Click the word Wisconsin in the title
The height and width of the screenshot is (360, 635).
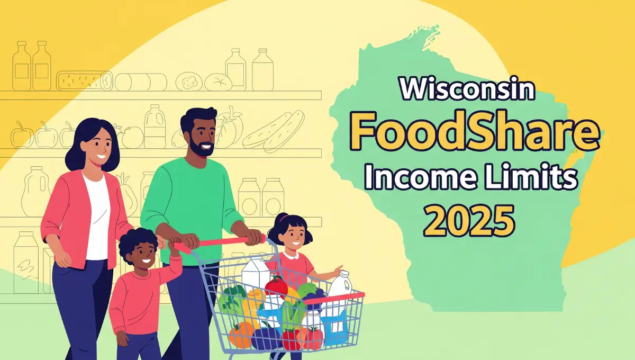coord(467,91)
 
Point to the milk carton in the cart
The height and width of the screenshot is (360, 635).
coord(256,275)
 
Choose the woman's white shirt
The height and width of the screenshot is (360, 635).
coord(97,217)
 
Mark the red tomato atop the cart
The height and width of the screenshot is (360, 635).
coord(276,286)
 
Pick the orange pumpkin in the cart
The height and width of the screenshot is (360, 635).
coord(241,334)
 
